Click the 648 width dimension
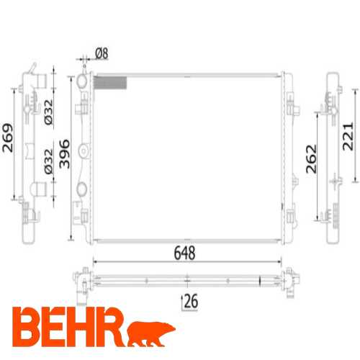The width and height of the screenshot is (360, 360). pos(184,253)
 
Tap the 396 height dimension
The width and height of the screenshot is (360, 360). pos(65,154)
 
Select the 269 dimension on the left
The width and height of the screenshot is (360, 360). pos(8,138)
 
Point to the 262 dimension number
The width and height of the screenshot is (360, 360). pos(311,159)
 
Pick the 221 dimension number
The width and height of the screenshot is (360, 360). pos(348,137)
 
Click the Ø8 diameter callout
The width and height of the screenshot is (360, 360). pos(102,53)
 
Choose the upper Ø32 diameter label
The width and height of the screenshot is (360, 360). pos(48,112)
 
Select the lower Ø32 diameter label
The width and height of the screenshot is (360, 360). pos(48,161)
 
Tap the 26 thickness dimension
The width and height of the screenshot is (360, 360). pos(191,301)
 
